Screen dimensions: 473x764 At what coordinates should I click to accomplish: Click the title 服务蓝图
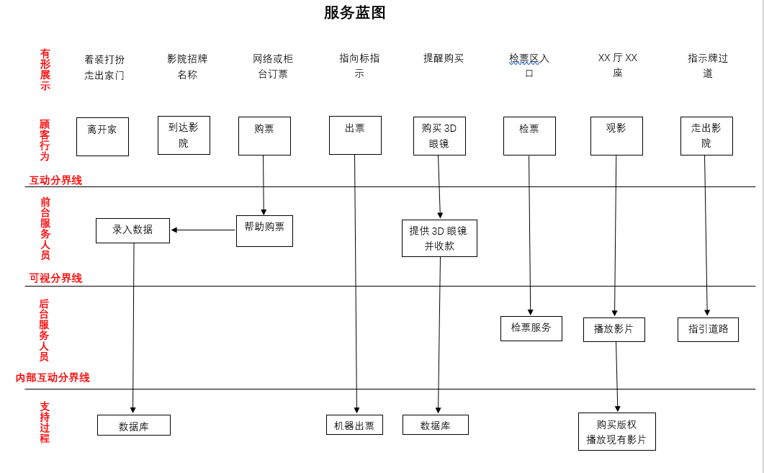click(354, 13)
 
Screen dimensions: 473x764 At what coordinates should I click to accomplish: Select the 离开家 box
click(102, 137)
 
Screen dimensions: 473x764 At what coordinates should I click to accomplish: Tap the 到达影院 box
click(184, 135)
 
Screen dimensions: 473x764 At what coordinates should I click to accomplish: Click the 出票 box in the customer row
click(355, 135)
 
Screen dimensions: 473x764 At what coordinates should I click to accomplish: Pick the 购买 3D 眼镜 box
click(439, 136)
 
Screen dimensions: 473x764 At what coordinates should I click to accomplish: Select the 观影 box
click(616, 136)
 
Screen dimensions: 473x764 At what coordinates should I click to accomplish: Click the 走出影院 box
click(706, 136)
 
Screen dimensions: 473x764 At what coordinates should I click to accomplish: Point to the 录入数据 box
click(132, 230)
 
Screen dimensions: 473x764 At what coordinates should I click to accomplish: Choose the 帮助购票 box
click(264, 231)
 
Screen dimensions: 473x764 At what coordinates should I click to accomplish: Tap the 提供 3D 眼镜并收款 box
click(439, 238)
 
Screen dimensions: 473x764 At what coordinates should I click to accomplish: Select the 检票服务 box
click(531, 328)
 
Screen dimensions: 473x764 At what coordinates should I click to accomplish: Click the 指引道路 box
click(708, 330)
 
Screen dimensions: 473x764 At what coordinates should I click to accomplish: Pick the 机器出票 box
click(354, 425)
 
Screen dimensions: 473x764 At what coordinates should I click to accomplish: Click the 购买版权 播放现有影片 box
click(616, 431)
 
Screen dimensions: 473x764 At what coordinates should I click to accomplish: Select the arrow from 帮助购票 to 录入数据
click(204, 230)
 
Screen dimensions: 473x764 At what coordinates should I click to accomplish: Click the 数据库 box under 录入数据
click(134, 425)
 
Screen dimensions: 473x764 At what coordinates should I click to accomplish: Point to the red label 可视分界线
click(55, 278)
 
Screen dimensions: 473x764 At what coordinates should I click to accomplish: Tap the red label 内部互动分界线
click(53, 377)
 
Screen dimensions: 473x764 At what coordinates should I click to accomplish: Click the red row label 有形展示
click(45, 70)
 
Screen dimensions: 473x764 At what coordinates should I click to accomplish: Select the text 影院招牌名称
click(187, 66)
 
